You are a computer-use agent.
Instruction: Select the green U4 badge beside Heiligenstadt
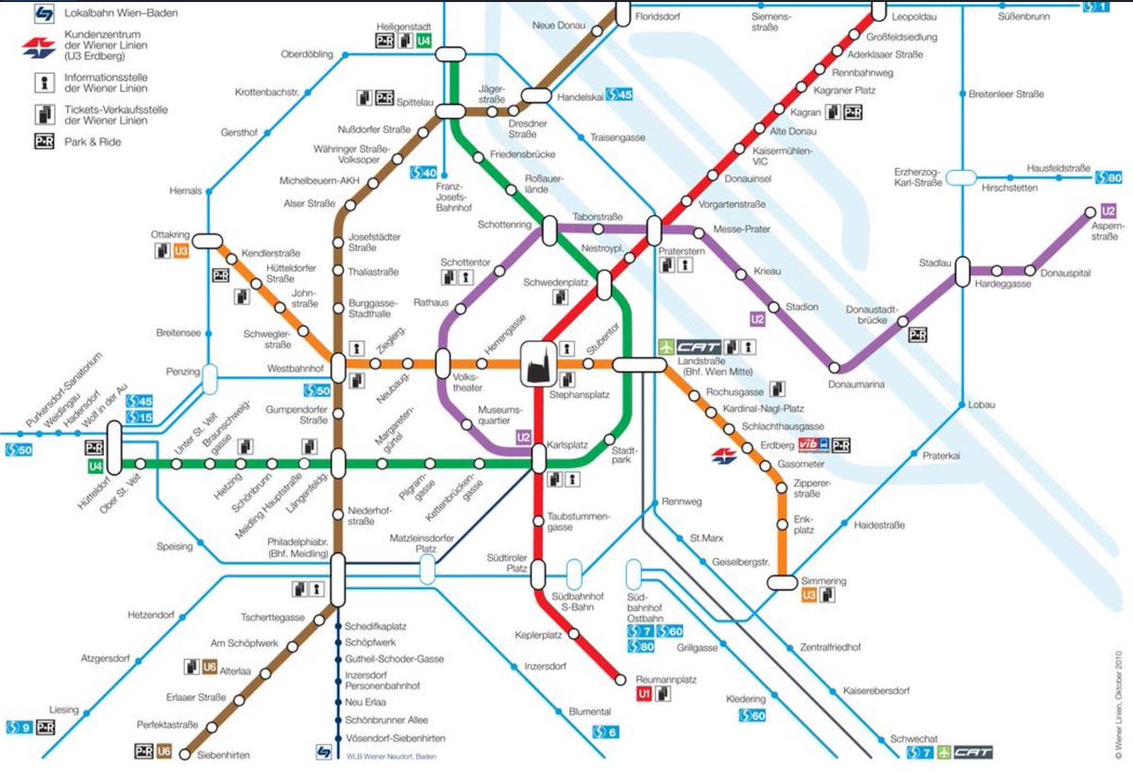coord(424,41)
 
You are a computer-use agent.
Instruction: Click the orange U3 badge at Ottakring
coord(181,251)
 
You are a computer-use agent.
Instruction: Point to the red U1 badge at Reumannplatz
coord(644,694)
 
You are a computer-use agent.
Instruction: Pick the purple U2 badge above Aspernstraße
coord(1110,212)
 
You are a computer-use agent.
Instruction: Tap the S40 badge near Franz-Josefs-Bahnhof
coord(422,173)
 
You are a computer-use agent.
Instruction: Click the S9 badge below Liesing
coord(19,726)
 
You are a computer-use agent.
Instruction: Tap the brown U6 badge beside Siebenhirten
coord(164,752)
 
